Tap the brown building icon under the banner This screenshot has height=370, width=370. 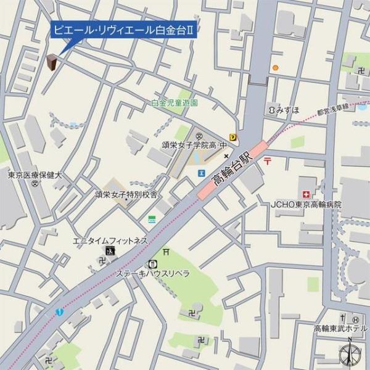click(52, 62)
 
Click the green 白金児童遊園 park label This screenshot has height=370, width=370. click(175, 103)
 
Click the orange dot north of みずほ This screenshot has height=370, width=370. click(276, 68)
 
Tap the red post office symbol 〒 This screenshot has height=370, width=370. click(267, 162)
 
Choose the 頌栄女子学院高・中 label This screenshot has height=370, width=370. click(191, 146)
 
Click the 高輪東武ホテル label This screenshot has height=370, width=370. click(340, 328)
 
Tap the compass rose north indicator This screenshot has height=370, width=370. click(350, 355)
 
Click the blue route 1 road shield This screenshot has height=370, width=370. click(58, 313)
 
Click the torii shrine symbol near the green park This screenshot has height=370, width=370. click(166, 252)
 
